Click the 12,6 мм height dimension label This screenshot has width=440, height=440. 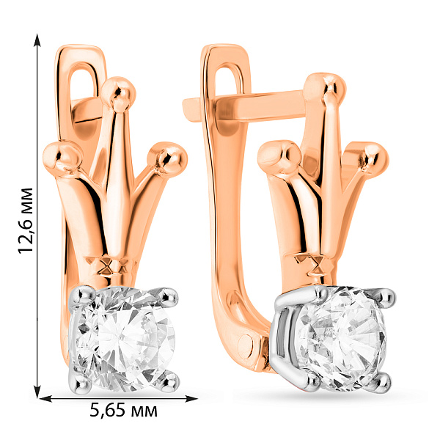(26, 221)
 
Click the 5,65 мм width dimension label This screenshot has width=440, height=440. (123, 411)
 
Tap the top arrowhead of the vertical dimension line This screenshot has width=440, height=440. (37, 40)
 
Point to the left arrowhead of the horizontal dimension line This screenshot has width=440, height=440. (45, 398)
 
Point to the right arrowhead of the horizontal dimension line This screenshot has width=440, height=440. (191, 398)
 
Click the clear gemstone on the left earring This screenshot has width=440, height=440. (123, 338)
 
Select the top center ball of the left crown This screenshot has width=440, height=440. (119, 93)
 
